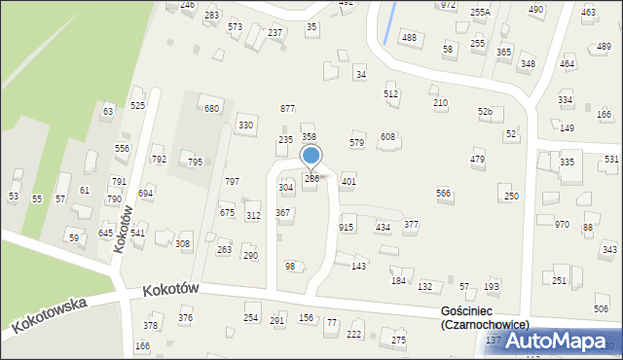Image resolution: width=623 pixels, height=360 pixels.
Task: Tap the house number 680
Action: [211, 108]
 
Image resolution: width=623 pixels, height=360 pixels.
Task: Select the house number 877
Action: [287, 108]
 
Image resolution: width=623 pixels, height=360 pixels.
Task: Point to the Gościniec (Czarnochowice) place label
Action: [484, 317]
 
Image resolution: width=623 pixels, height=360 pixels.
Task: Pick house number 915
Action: [346, 227]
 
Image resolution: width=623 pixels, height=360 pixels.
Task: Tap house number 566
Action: [443, 194]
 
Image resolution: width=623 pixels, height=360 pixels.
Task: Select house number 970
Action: [562, 225]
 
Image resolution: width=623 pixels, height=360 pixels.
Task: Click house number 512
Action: [390, 93]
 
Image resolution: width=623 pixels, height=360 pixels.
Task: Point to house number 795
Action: [195, 162]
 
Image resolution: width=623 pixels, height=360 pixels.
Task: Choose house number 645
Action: [106, 233]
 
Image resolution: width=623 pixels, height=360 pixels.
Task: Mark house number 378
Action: [150, 325]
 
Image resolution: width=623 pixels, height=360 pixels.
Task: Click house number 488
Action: [409, 37]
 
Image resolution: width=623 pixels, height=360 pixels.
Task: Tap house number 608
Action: [387, 137]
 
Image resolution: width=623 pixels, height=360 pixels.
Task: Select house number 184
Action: [398, 280]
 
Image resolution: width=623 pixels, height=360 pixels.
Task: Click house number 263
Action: [224, 250]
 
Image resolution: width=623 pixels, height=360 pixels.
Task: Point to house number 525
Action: [137, 105]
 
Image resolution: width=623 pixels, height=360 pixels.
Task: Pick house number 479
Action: [477, 159]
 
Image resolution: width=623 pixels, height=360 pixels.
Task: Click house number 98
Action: [289, 266]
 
